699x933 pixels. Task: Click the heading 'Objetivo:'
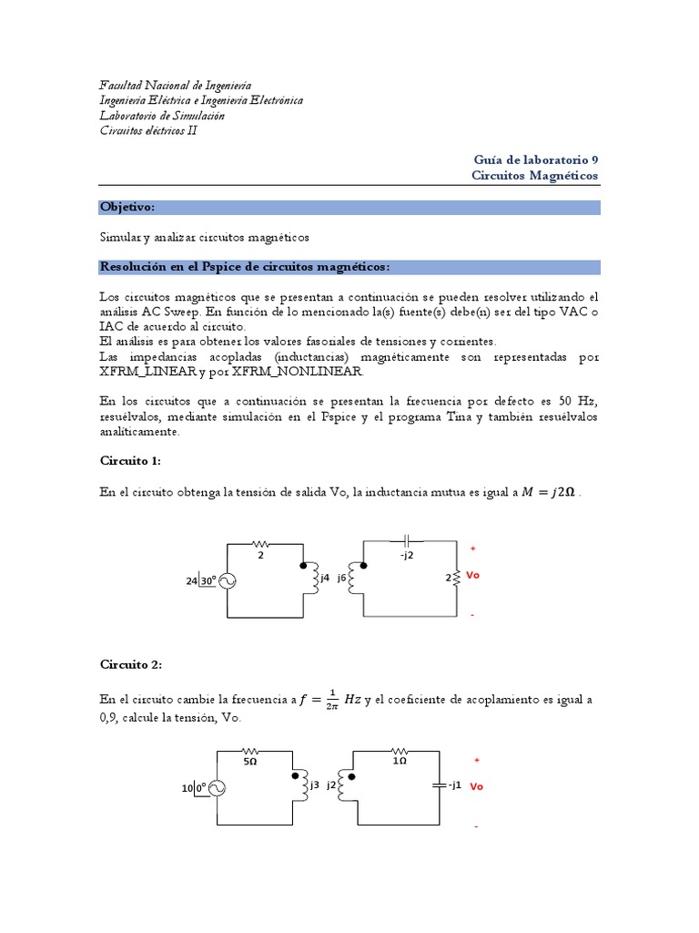[x=127, y=208]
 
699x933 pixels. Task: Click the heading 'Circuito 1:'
[x=129, y=461]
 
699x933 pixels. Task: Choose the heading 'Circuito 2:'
[x=129, y=665]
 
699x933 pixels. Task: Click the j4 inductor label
[x=325, y=577]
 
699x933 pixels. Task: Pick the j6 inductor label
[x=343, y=577]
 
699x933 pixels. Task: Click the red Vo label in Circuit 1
[x=472, y=577]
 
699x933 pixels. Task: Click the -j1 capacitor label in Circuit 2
[x=452, y=784]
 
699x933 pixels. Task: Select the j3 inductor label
[x=314, y=784]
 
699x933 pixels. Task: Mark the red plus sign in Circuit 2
[x=476, y=759]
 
